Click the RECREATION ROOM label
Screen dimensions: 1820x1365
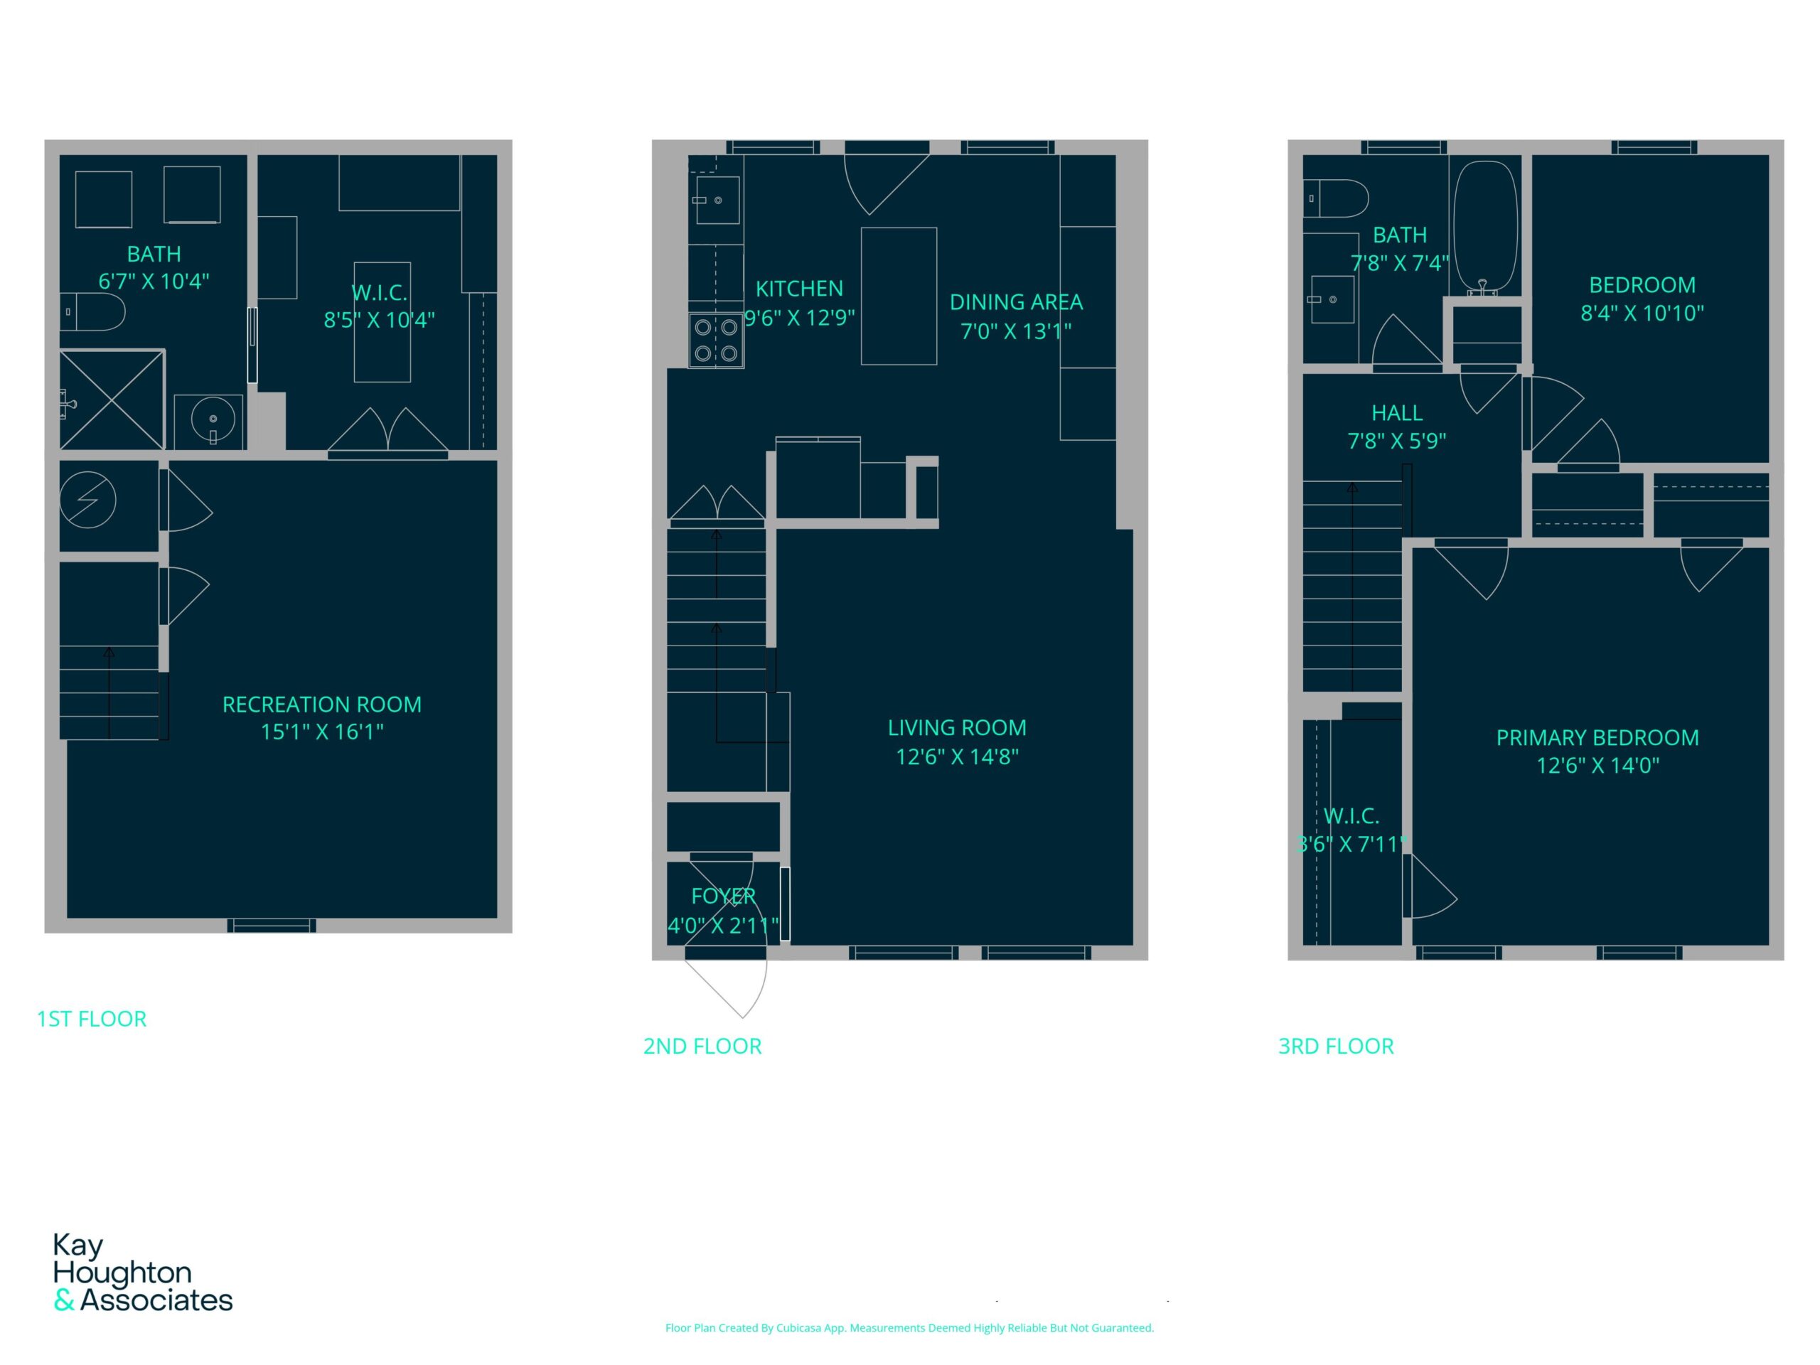click(322, 705)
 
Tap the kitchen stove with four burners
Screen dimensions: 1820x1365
click(716, 341)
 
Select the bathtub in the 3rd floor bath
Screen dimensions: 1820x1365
click(1485, 227)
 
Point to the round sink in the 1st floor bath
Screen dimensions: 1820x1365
click(213, 419)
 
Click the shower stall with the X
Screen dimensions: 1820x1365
click(112, 400)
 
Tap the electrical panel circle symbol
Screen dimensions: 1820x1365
click(87, 499)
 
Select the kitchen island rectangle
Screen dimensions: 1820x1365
click(899, 296)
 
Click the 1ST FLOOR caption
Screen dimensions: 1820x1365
click(91, 1019)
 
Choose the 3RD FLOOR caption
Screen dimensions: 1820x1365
click(1335, 1046)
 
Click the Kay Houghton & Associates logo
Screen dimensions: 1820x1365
click(142, 1272)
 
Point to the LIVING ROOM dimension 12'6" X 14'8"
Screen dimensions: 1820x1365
click(957, 756)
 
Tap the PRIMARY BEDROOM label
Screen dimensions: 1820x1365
click(1597, 737)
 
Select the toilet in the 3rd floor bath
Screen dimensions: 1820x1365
click(1335, 198)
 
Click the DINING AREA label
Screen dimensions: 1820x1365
click(1016, 302)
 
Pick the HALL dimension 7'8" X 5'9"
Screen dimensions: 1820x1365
click(1396, 441)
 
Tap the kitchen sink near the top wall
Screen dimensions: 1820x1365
click(717, 200)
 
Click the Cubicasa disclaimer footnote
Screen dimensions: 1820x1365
click(909, 1327)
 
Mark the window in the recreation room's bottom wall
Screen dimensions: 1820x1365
click(272, 926)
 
